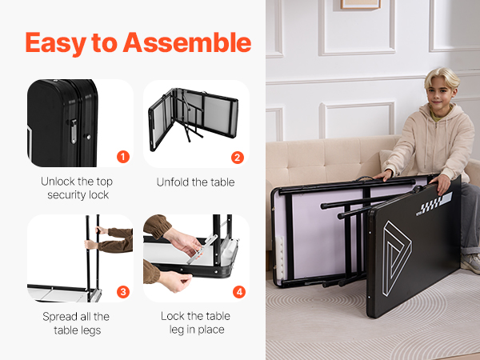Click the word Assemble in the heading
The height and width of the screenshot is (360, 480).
click(187, 42)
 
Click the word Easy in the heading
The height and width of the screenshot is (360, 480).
click(56, 44)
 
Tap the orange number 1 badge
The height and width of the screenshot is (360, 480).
click(123, 157)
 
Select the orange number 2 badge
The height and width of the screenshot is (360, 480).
click(238, 158)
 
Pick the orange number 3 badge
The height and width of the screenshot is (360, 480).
click(123, 292)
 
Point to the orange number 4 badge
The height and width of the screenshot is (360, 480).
click(239, 292)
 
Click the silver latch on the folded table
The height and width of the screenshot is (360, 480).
click(74, 131)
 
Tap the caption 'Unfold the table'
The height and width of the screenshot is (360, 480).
click(196, 182)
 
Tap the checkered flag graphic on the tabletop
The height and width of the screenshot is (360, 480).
click(434, 203)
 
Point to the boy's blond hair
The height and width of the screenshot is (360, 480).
click(442, 77)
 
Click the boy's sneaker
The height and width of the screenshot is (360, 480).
click(471, 263)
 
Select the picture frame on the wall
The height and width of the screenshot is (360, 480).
click(361, 4)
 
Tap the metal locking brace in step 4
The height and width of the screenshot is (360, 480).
click(202, 248)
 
